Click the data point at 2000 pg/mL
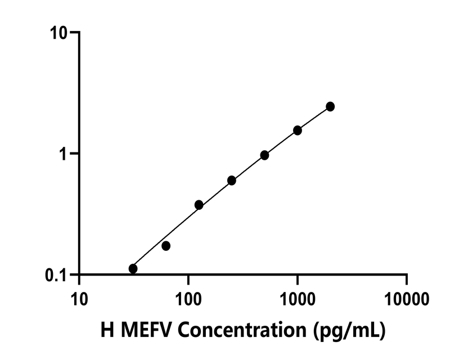[330, 106]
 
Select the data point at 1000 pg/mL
[298, 130]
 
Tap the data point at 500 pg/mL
[264, 155]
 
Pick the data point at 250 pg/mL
[232, 181]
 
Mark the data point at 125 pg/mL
[199, 205]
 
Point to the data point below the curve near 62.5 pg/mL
[166, 246]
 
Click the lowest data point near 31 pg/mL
[133, 269]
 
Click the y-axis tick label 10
[57, 33]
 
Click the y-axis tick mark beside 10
[73, 33]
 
